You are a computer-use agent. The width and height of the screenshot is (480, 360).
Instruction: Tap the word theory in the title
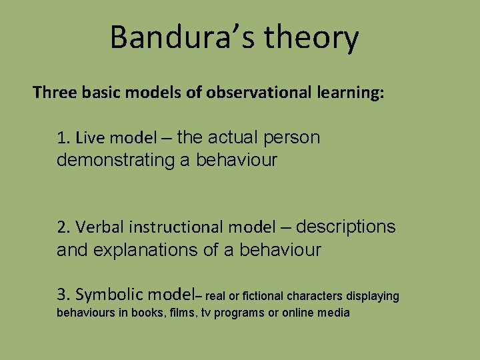coord(311,39)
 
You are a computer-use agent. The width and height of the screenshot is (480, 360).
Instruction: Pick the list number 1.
coord(63,139)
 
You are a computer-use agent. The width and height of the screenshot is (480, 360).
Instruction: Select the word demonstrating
coord(117,161)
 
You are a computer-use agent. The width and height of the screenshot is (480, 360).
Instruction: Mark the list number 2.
coord(63,228)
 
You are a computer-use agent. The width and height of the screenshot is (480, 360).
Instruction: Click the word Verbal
coord(100,228)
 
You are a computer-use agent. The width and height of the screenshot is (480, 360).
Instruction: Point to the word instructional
coord(177,228)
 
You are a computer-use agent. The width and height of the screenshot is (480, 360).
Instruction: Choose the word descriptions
coord(345,227)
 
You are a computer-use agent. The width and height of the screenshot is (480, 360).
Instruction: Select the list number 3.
coord(63,295)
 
